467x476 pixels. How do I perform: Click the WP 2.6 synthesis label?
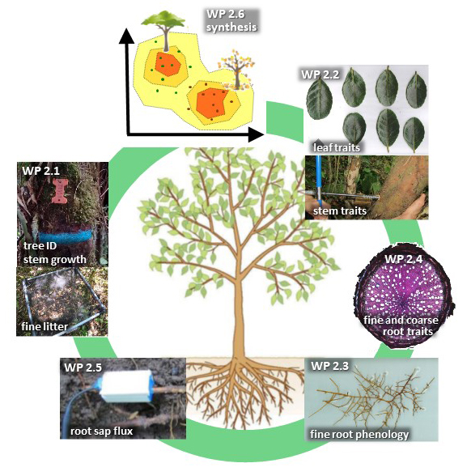[x=231, y=21]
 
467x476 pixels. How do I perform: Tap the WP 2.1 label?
[x=41, y=171]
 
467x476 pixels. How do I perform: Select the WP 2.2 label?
[x=321, y=74]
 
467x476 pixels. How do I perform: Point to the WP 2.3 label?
[x=330, y=366]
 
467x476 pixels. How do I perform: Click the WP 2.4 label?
[x=404, y=259]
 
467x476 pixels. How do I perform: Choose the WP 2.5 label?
[x=83, y=368]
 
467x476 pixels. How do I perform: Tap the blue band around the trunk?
[x=66, y=236]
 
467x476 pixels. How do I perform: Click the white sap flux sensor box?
[x=125, y=386]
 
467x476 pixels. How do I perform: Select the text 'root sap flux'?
[x=101, y=431]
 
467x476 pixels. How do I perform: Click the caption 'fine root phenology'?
[x=359, y=434]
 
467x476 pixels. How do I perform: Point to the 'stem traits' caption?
[x=340, y=210]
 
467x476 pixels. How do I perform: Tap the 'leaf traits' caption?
[x=337, y=147]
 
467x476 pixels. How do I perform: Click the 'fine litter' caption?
[x=45, y=326]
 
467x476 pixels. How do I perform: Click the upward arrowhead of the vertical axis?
[x=126, y=37]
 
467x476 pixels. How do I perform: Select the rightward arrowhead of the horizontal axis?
[x=256, y=134]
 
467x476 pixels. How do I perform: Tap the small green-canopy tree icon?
[x=163, y=31]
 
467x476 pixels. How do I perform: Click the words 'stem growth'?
[x=54, y=260]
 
